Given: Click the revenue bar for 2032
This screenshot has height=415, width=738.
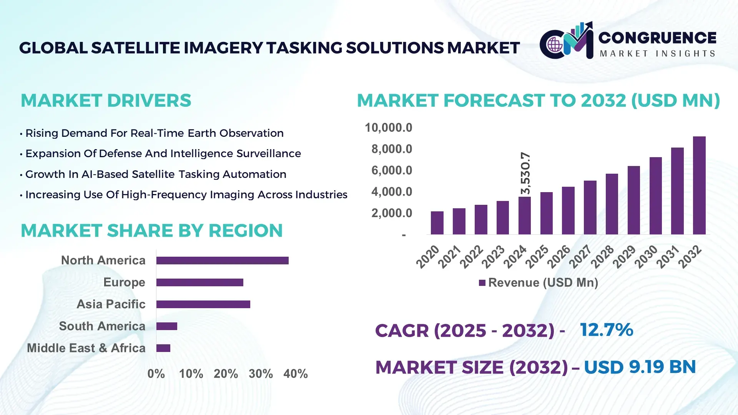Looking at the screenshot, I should (699, 186).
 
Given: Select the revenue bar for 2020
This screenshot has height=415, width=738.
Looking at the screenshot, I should (437, 223).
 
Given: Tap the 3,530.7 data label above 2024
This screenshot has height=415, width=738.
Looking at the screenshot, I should (525, 173).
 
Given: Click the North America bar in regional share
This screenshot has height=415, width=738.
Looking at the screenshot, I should (222, 261).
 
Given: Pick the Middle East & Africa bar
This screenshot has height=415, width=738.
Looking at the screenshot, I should (163, 348).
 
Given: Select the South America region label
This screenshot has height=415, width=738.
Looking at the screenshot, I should (102, 326).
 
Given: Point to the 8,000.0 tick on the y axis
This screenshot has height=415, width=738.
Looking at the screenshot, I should (391, 149).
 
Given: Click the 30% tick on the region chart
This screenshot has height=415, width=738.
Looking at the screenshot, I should (261, 373).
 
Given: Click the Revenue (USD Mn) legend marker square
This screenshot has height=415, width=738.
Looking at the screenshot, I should (482, 283).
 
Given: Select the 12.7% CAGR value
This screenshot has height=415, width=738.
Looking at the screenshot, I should (606, 330).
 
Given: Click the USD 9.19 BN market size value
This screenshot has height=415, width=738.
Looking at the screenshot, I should (640, 367).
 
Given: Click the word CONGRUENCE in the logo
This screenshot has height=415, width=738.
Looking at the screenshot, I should (657, 38).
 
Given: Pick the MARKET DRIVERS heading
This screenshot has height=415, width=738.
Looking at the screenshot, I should (106, 101).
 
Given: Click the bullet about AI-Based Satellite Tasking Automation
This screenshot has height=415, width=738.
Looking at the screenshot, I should (156, 174).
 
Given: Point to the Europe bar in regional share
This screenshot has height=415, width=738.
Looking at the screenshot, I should (199, 282).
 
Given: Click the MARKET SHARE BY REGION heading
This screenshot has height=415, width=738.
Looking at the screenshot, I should (151, 231).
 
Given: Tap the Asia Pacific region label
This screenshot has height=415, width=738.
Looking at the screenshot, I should (111, 304).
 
